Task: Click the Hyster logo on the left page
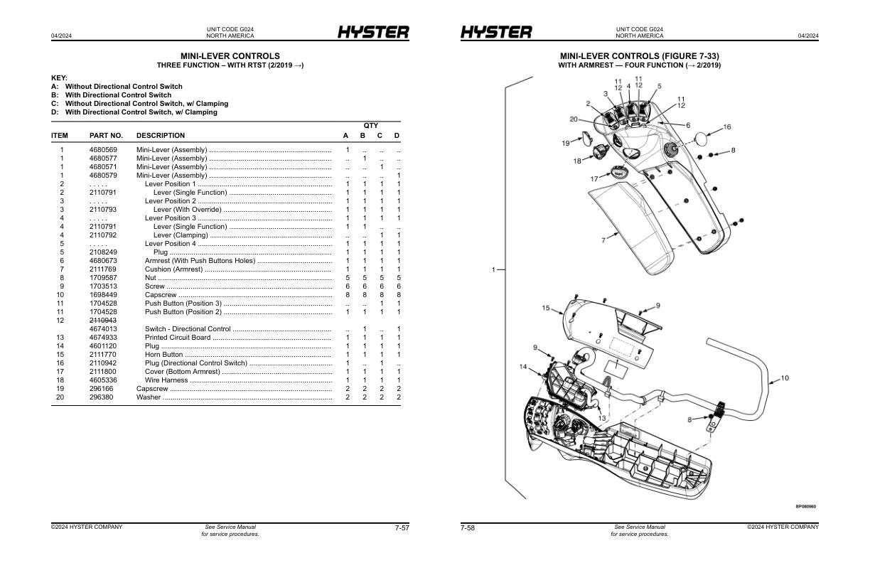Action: coord(372,33)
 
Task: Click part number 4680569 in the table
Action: coord(103,150)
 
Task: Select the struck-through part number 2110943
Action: coord(103,321)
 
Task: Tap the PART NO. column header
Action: coord(106,136)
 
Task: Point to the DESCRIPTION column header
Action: coord(161,136)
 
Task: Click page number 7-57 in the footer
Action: coord(402,527)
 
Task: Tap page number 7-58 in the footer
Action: coord(468,527)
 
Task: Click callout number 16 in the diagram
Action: coord(727,127)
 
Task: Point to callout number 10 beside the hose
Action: coord(785,378)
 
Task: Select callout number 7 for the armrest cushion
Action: coord(603,240)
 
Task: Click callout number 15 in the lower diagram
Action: coord(546,308)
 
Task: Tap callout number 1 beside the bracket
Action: coord(493,269)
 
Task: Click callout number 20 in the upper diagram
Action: coord(574,119)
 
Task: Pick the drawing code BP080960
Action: coord(805,507)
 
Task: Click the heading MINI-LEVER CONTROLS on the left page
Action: coord(230,56)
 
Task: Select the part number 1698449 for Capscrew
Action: coord(103,295)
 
